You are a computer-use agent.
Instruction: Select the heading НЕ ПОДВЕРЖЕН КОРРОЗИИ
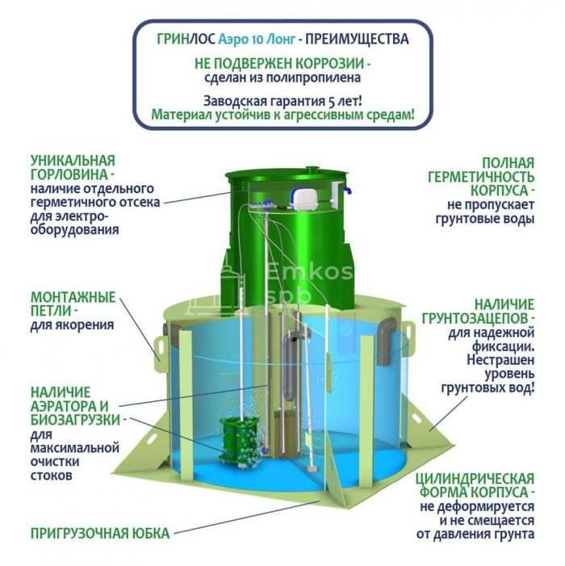pyautogui.click(x=282, y=63)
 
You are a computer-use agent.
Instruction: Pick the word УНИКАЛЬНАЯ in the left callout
pyautogui.click(x=73, y=160)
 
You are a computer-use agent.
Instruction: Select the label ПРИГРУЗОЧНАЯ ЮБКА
pyautogui.click(x=99, y=533)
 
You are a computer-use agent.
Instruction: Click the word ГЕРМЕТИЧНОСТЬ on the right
pyautogui.click(x=489, y=176)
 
